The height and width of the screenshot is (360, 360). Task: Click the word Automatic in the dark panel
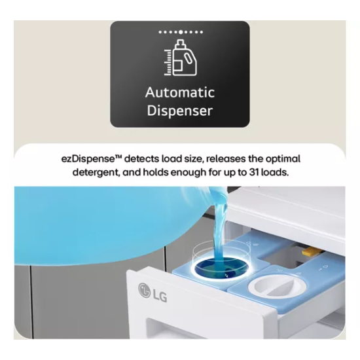180,92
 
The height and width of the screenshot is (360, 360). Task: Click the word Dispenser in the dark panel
180,111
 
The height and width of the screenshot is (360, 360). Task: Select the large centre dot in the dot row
181,32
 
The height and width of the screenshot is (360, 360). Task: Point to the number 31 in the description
254,172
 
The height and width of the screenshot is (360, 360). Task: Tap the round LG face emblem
145,289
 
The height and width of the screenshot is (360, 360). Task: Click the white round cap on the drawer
273,286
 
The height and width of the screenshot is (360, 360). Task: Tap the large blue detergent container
110,225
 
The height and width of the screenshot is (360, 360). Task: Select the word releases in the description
226,159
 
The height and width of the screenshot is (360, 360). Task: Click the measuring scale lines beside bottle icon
168,62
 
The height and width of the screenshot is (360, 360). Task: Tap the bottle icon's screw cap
180,43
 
